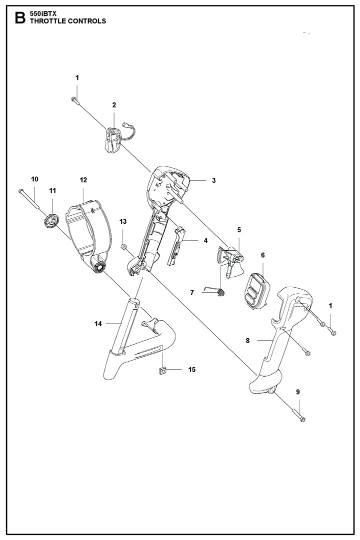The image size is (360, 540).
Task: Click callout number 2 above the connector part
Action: pos(114,105)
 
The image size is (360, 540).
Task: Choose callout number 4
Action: pos(205,240)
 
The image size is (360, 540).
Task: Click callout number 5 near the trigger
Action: pos(239,230)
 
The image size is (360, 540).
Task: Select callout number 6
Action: pos(262,255)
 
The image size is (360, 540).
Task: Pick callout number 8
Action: pos(247,341)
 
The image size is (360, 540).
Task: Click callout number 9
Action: pos(298,392)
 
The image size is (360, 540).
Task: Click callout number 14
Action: pos(98,324)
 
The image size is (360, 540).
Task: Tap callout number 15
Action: pos(191,370)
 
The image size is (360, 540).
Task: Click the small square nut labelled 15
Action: pos(162,370)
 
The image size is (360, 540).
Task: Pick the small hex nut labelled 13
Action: pos(124,246)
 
